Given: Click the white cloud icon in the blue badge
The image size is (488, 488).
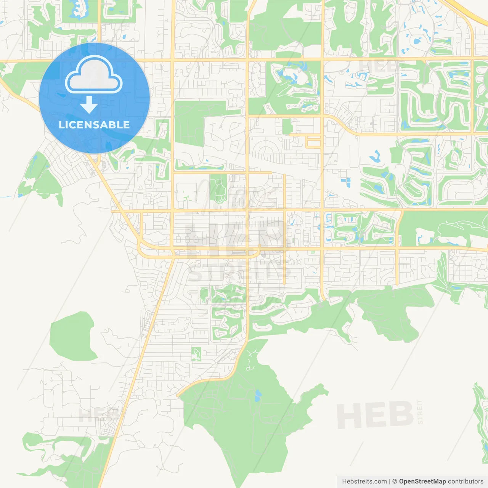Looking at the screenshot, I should click(x=94, y=75).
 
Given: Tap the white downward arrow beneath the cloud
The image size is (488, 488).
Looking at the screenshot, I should click(x=89, y=104).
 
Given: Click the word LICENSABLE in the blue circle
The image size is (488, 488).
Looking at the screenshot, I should click(x=94, y=125).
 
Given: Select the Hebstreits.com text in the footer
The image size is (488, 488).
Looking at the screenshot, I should click(x=364, y=482).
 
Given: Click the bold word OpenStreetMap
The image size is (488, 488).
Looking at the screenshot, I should click(x=422, y=482).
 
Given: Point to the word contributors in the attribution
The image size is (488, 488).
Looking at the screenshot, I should click(x=466, y=482).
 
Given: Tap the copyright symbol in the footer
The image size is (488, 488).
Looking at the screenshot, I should click(x=395, y=482).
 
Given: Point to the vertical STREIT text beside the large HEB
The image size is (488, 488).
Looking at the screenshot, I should click(x=420, y=412).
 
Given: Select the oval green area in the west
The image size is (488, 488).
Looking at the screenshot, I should click(x=72, y=336).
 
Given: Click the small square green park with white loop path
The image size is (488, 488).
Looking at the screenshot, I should click(x=196, y=354).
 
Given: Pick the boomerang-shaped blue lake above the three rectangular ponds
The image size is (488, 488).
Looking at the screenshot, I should click(x=375, y=156).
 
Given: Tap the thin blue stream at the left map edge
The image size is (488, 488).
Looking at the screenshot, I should click(x=5, y=197).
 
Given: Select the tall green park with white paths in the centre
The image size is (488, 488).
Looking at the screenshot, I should click(x=218, y=189).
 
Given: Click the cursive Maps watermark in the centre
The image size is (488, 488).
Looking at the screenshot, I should click(x=236, y=194).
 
